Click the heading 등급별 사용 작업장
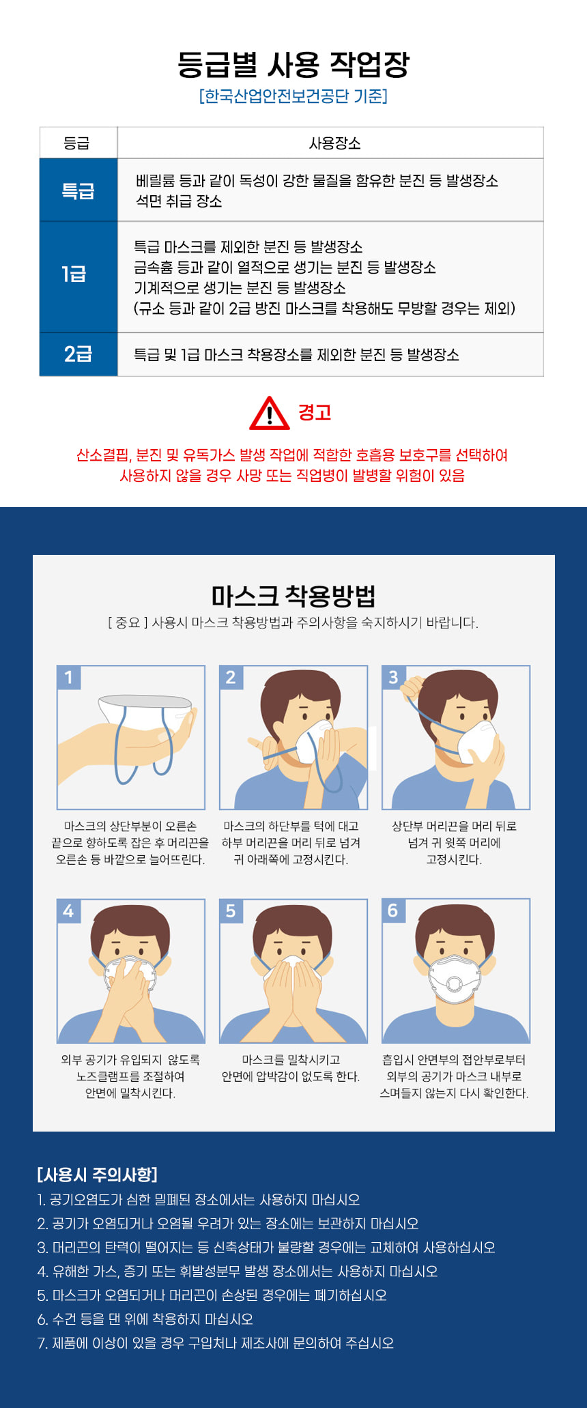click(x=293, y=64)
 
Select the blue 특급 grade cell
click(x=78, y=190)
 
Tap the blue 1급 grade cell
click(x=78, y=277)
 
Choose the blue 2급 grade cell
click(x=78, y=354)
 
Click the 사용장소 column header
click(x=334, y=143)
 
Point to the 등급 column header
click(x=76, y=143)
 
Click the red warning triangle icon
click(x=270, y=413)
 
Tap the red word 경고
click(x=315, y=412)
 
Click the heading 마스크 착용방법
click(x=293, y=596)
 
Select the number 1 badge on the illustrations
click(x=68, y=677)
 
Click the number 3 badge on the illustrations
click(x=393, y=677)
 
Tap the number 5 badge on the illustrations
click(x=231, y=910)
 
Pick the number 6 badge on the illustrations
click(x=393, y=910)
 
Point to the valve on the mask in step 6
click(x=453, y=984)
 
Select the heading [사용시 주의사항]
click(x=98, y=1175)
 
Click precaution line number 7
click(x=216, y=1343)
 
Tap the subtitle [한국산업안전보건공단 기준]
click(x=293, y=96)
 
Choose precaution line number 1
click(x=199, y=1200)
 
